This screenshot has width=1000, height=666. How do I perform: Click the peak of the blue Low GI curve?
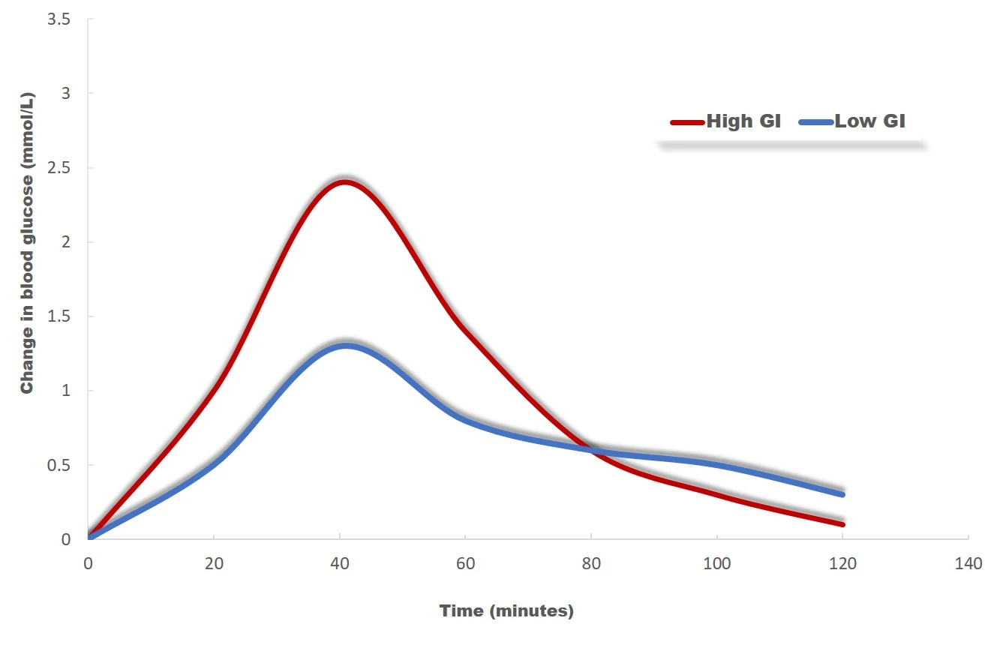click(345, 346)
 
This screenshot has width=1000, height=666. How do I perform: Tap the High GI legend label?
click(743, 121)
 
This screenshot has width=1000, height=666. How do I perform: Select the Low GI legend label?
click(869, 121)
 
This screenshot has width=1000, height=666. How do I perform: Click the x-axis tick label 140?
click(968, 564)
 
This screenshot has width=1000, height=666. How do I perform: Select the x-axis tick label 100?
click(717, 564)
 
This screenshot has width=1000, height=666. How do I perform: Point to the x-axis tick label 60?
click(465, 564)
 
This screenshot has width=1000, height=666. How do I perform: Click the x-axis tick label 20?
click(214, 564)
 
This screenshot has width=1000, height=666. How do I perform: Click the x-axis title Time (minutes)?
click(506, 611)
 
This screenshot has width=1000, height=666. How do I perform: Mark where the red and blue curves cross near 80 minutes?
click(592, 450)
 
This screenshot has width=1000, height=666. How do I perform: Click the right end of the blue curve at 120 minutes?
click(842, 494)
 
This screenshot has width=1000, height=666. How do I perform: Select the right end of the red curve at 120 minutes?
click(842, 523)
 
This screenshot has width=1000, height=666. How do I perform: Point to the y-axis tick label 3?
click(65, 94)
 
